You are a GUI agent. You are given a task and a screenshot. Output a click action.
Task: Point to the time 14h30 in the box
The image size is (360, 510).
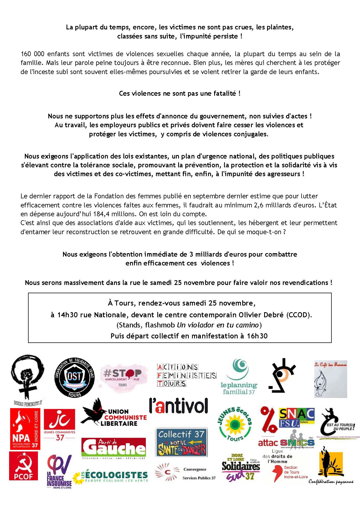pos(68,315)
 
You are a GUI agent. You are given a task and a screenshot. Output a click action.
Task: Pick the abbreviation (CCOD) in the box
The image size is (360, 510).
pos(299,315)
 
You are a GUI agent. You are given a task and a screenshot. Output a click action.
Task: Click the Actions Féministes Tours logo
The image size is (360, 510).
pos(186,375)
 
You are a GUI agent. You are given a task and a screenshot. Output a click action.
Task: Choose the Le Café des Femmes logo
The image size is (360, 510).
pos(330,379)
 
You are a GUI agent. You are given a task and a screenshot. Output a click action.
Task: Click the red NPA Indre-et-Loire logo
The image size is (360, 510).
pos(25,429)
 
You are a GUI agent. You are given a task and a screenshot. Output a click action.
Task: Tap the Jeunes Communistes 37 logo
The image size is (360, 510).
pos(60,425)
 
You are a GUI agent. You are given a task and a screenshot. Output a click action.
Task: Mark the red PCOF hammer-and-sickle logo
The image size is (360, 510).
pos(24,466)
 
